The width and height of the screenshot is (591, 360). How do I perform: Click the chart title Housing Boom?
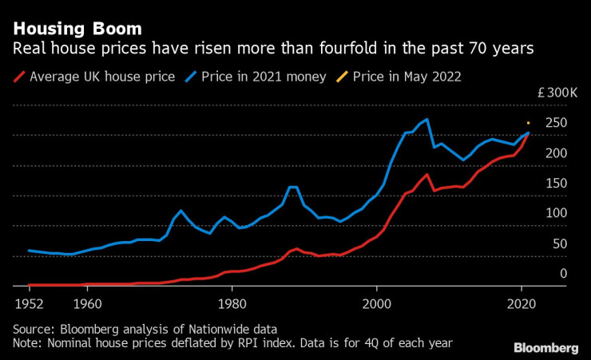[77, 30]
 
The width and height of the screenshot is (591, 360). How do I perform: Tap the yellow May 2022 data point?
[528, 123]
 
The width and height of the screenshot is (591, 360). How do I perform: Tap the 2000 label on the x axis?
[377, 303]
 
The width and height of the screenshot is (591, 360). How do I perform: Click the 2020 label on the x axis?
[521, 303]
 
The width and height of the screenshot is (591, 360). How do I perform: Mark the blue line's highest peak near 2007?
[427, 120]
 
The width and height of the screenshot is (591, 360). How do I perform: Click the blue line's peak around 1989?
[293, 187]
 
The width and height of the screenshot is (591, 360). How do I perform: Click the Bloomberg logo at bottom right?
[545, 347]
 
